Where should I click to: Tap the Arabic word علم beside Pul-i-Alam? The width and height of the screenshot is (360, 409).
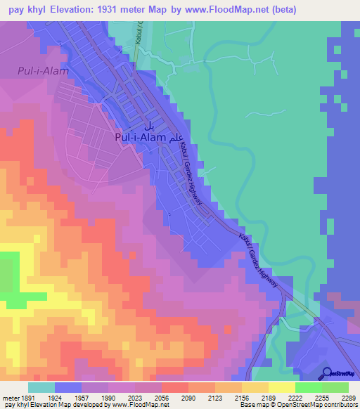[x=176, y=138]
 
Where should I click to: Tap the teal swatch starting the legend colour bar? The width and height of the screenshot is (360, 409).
[x=41, y=387]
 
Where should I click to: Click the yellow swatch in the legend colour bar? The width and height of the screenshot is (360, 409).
[x=282, y=387]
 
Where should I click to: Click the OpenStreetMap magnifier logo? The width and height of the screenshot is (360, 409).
[x=327, y=373]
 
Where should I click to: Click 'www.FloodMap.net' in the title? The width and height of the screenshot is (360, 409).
[x=233, y=10]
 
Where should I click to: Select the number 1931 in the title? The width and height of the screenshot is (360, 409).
[x=127, y=10]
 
